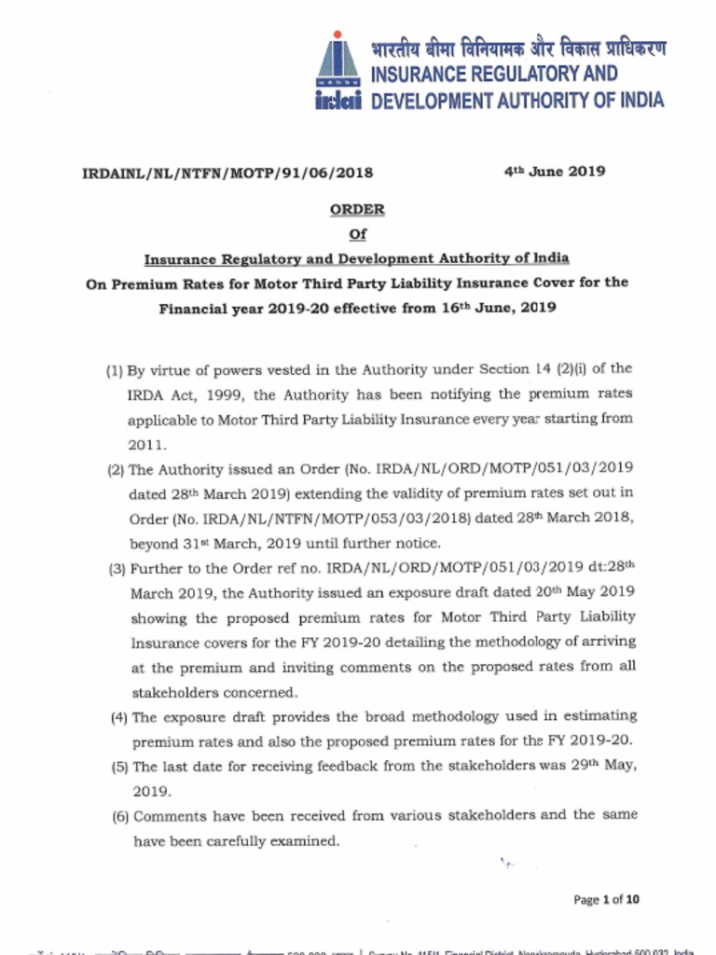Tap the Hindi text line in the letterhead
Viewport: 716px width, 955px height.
pyautogui.click(x=517, y=48)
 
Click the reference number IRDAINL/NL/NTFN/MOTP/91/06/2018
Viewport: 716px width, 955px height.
pyautogui.click(x=227, y=173)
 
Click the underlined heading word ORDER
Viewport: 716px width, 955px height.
pyautogui.click(x=357, y=210)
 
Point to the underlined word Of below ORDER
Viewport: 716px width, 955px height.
pyautogui.click(x=357, y=234)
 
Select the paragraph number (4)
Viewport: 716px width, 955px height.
pyautogui.click(x=118, y=717)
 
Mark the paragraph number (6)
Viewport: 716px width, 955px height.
pyautogui.click(x=120, y=816)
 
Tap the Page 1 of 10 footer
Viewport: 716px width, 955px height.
pyautogui.click(x=606, y=900)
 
